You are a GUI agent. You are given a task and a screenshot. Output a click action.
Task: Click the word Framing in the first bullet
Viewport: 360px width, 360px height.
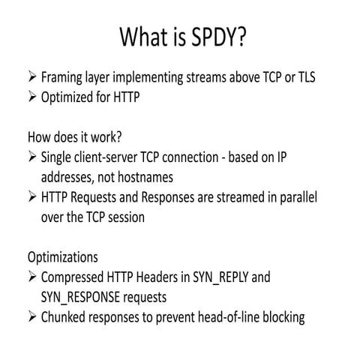pos(64,76)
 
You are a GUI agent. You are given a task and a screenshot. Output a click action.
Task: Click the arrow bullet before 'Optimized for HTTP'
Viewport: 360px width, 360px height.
pos(31,96)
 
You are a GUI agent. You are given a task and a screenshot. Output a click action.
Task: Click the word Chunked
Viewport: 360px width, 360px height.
pos(67,317)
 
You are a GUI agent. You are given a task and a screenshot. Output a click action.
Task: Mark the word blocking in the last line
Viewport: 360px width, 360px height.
pos(280,317)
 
